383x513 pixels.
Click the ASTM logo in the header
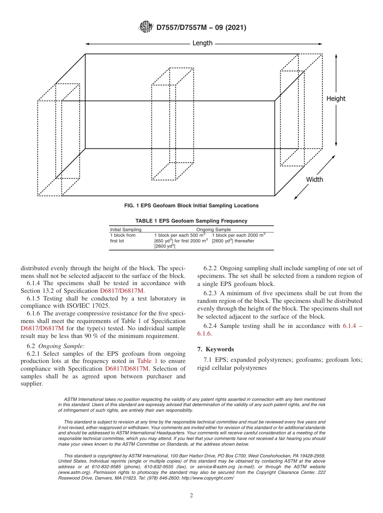point(146,27)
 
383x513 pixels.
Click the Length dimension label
point(202,43)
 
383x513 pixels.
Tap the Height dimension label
point(336,98)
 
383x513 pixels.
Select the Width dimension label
point(314,179)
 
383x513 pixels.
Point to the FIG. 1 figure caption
point(191,206)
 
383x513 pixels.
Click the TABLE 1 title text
point(191,221)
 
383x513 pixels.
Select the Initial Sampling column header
point(125,229)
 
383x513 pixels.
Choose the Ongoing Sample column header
point(213,229)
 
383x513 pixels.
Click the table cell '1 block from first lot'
point(123,238)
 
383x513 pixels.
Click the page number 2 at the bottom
point(191,496)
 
